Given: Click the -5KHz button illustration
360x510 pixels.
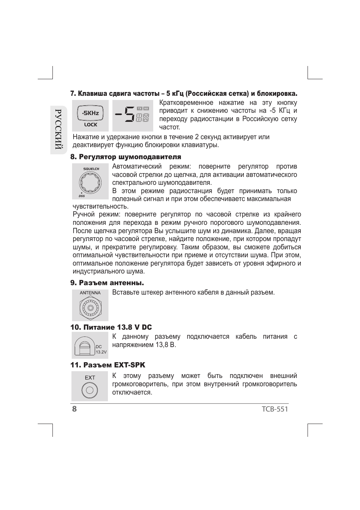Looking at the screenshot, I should [90, 113].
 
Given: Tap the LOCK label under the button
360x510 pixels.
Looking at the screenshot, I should [91, 124].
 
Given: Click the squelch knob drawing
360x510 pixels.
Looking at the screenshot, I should [90, 183].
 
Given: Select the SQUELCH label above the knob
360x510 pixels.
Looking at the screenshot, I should [91, 169].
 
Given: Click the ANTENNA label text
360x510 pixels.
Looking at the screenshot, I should [90, 293].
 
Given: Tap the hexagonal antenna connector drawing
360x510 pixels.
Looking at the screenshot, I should [90, 307].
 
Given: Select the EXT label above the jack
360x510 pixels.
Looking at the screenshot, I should [90, 378].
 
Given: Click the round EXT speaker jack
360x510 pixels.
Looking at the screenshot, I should [89, 390].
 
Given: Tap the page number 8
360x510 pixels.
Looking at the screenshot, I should [74, 409].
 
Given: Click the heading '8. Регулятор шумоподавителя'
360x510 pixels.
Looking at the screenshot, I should [126, 157].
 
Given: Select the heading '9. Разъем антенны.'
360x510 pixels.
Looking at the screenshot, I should [107, 283].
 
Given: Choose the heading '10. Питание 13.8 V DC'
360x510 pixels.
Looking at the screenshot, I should [111, 327].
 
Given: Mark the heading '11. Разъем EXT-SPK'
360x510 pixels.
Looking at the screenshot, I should [108, 365].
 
